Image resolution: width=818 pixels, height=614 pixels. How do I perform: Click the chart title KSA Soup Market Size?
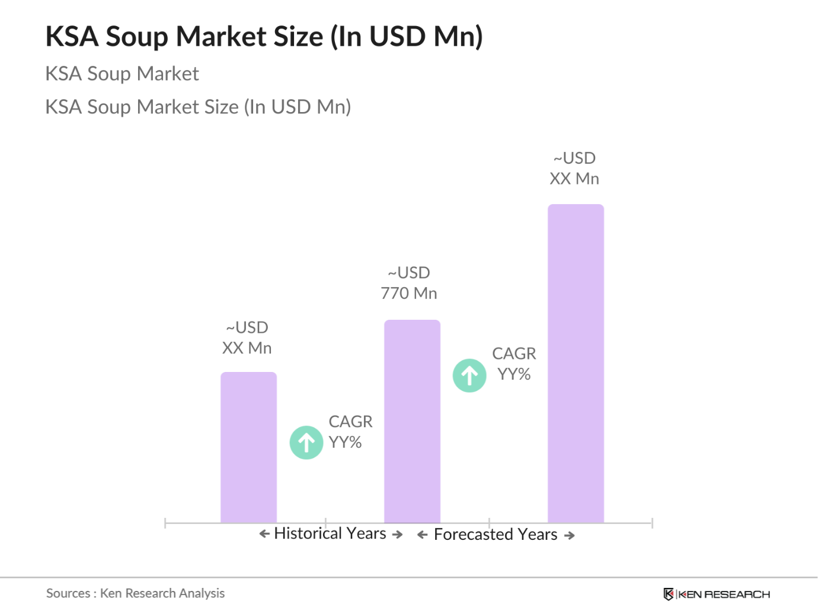tap(264, 36)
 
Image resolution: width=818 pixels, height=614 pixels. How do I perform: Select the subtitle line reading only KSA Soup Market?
tap(122, 74)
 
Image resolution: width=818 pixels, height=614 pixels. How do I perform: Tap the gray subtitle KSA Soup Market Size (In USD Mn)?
tap(198, 107)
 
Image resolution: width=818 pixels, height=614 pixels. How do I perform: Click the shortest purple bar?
tap(248, 447)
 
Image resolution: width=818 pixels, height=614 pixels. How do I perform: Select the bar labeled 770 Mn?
tap(412, 421)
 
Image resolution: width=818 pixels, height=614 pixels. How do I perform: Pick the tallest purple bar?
tap(576, 363)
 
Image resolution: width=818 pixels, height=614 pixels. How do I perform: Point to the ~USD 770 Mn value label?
tap(409, 283)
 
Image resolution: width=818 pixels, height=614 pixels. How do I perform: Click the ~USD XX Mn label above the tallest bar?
tap(574, 168)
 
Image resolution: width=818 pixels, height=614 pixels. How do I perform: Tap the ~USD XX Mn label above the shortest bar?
tap(247, 338)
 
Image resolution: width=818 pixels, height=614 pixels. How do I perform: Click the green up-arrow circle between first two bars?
tap(306, 443)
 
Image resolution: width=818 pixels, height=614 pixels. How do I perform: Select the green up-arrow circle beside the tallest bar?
tap(469, 376)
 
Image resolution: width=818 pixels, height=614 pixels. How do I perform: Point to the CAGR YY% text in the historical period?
tap(350, 432)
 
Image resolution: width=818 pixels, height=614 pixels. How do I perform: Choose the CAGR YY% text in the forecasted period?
tap(514, 364)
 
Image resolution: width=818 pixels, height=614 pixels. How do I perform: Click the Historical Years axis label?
tap(330, 533)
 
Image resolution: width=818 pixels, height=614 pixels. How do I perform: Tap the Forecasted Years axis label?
tap(496, 535)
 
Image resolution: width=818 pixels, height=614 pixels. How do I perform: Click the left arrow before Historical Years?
tap(264, 534)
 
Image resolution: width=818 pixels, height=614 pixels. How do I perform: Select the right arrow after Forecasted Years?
tap(570, 536)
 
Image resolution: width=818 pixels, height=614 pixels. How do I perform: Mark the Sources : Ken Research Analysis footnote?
tap(136, 593)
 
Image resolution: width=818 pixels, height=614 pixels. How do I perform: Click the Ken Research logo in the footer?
tap(717, 594)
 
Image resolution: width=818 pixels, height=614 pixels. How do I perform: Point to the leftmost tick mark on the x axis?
tap(165, 523)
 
